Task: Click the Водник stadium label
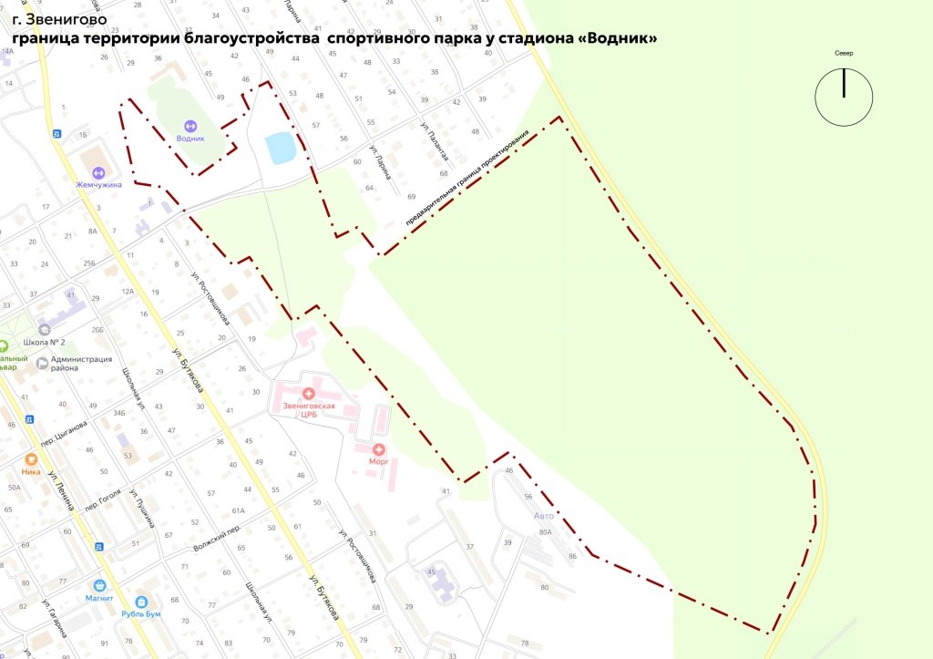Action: coord(190,138)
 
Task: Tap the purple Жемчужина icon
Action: coord(99,172)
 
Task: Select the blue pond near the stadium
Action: coord(280,147)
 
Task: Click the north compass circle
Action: coord(844,98)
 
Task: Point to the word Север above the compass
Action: coord(844,54)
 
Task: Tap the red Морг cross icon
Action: coord(378,448)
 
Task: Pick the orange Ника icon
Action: coord(31,460)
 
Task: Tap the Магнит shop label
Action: coord(99,598)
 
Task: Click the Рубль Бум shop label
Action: coord(141,613)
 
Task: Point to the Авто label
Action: coord(544,516)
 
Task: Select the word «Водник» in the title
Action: coord(618,38)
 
